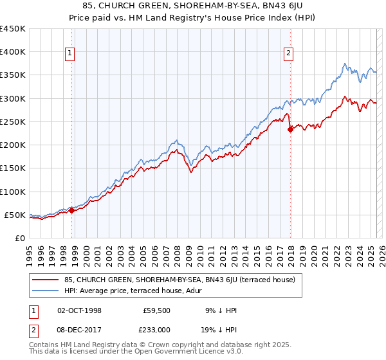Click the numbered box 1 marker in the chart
pyautogui.click(x=69, y=53)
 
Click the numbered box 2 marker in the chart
pyautogui.click(x=289, y=53)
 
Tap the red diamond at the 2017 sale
pyautogui.click(x=290, y=129)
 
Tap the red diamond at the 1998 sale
pyautogui.click(x=71, y=210)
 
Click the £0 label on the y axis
pyautogui.click(x=19, y=238)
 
